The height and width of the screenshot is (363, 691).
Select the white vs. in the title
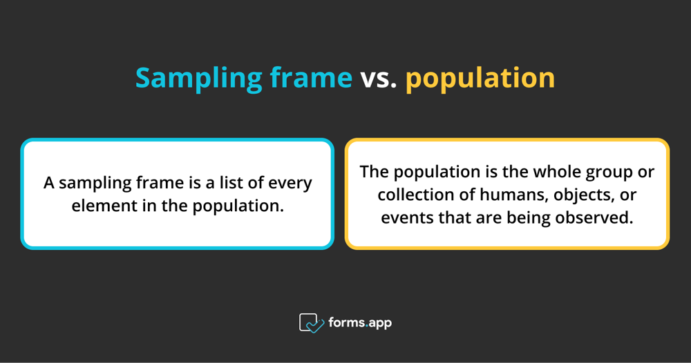point(379,78)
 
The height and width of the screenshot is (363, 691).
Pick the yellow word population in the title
point(480,78)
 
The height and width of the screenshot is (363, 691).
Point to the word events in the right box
point(404,217)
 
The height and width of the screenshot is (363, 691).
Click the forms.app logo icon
point(312,322)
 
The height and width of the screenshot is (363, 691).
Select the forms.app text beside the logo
point(359,322)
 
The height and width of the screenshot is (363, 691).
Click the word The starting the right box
point(374,171)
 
